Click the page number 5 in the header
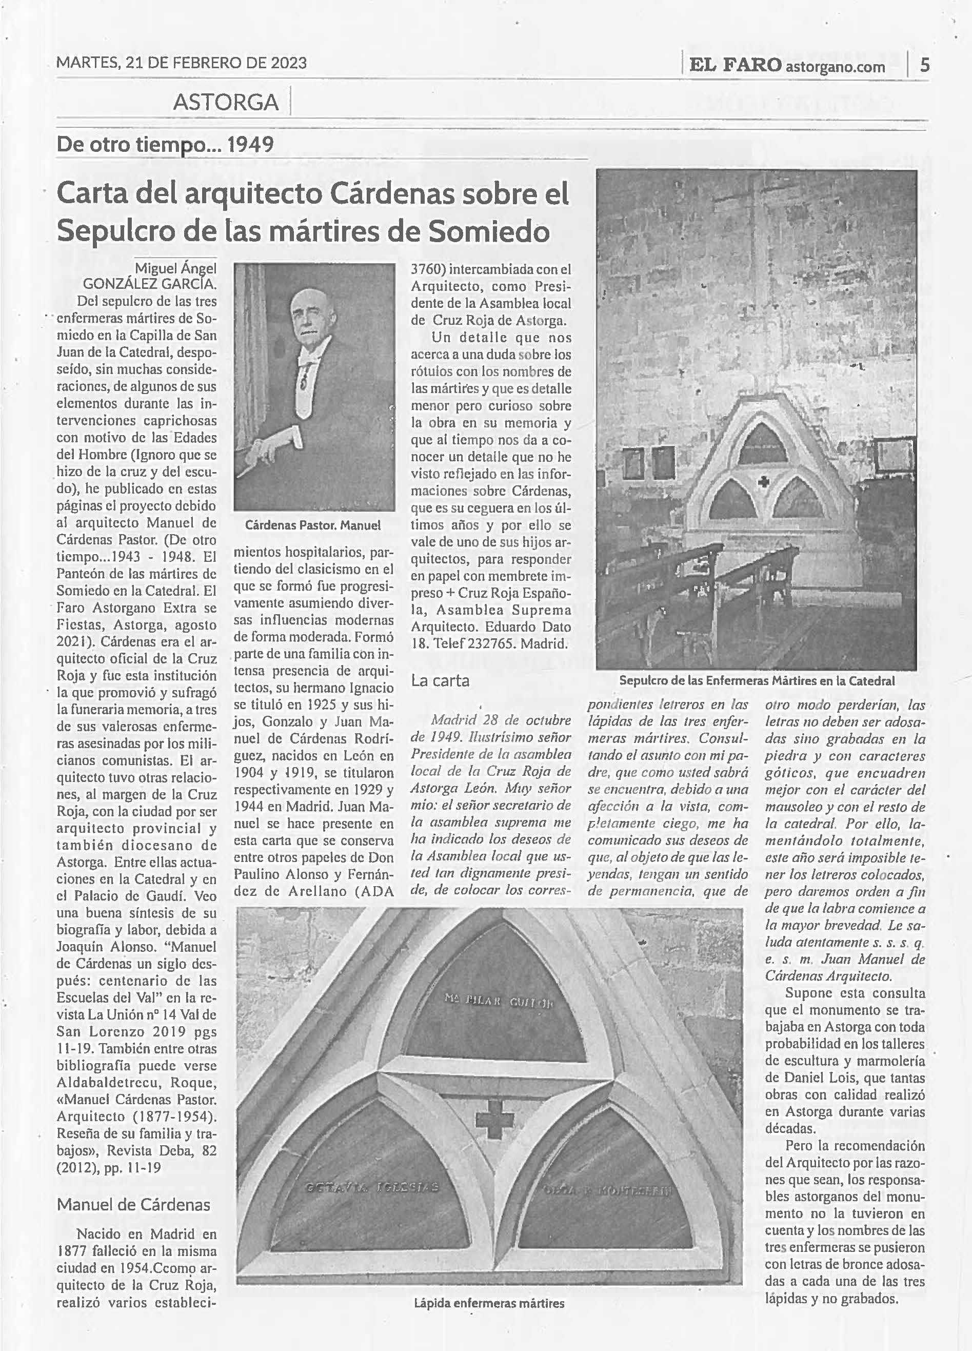click(x=924, y=64)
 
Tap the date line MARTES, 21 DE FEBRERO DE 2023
click(x=182, y=63)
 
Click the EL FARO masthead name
click(x=735, y=65)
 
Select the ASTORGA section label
click(x=226, y=103)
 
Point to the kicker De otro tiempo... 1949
click(x=165, y=144)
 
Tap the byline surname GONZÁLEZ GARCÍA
click(x=149, y=283)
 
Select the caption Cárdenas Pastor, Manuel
click(x=313, y=525)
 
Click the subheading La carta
click(x=440, y=680)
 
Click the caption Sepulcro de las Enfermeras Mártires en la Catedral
click(x=757, y=680)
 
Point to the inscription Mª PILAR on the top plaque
click(x=470, y=998)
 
